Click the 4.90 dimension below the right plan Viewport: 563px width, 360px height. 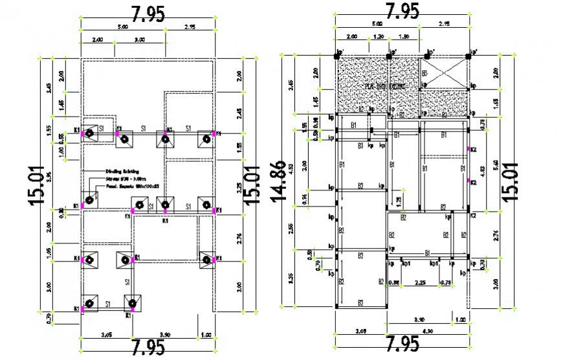coord(427,330)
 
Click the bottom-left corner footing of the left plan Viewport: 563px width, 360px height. coord(90,304)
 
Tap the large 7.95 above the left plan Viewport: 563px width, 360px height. coord(148,13)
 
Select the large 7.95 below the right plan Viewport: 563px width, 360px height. coord(402,344)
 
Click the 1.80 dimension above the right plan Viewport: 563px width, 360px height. coord(403,37)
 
